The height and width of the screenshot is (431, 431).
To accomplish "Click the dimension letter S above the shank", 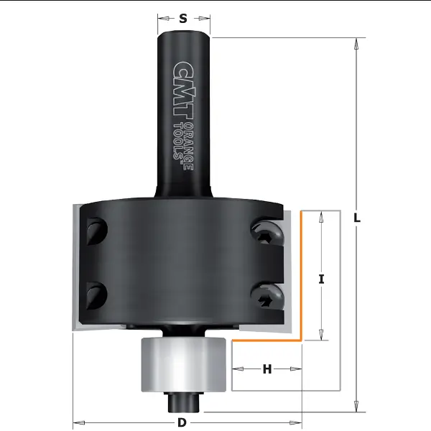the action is pyautogui.click(x=183, y=19).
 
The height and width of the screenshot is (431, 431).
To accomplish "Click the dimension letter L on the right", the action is pyautogui.click(x=357, y=218).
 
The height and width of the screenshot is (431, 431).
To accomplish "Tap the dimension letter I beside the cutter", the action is pyautogui.click(x=321, y=279).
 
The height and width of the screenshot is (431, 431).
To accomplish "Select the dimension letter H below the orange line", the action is pyautogui.click(x=267, y=369).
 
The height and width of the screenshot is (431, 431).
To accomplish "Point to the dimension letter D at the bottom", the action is pyautogui.click(x=182, y=422).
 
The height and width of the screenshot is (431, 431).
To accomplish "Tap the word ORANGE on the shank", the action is pyautogui.click(x=189, y=147).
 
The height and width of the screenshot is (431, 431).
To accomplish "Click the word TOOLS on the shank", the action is pyautogui.click(x=179, y=142).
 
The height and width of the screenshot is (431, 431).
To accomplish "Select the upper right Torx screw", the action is pyautogui.click(x=267, y=231).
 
